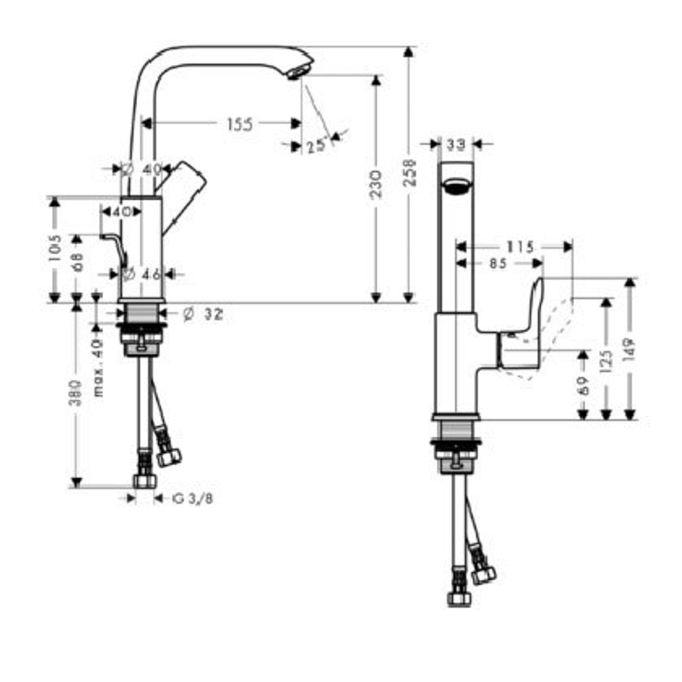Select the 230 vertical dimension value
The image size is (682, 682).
tap(376, 185)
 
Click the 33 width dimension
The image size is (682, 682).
tap(456, 144)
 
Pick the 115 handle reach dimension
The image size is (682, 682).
tap(520, 247)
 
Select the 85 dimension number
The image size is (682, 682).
tap(498, 263)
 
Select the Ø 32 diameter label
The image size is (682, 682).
tap(203, 314)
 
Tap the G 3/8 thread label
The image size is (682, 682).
tap(192, 499)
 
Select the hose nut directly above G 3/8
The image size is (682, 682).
tap(144, 480)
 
